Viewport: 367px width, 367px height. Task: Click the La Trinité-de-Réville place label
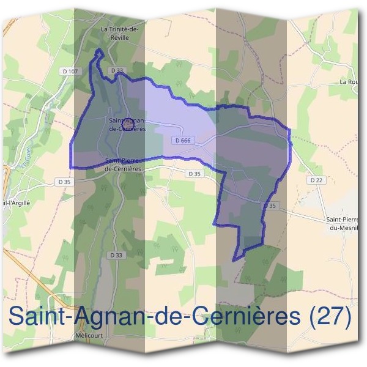pyautogui.click(x=120, y=32)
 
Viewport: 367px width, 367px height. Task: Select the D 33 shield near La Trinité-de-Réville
pyautogui.click(x=117, y=71)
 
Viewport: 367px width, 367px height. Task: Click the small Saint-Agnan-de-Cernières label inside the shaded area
pyautogui.click(x=127, y=125)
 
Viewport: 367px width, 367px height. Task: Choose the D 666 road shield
pyautogui.click(x=183, y=140)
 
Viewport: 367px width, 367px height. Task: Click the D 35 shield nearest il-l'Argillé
pyautogui.click(x=64, y=182)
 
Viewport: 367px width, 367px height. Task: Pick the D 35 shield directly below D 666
pyautogui.click(x=194, y=174)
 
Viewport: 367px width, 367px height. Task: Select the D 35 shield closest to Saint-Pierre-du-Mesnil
pyautogui.click(x=271, y=206)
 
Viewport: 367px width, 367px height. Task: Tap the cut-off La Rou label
pyautogui.click(x=349, y=81)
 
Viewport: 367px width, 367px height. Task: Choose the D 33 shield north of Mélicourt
pyautogui.click(x=116, y=254)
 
